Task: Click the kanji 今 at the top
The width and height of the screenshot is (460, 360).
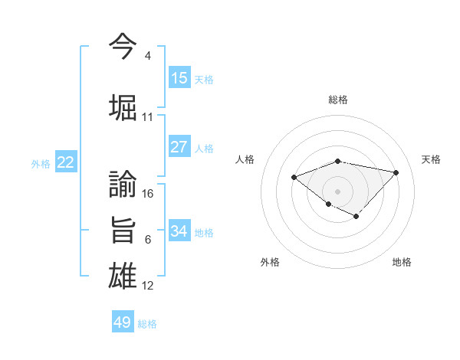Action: point(123,45)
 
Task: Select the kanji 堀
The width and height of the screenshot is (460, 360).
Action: point(123,106)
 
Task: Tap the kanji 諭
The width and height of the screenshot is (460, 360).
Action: point(123,184)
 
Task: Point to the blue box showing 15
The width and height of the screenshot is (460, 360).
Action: point(179,78)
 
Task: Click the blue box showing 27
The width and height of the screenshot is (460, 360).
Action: point(179,147)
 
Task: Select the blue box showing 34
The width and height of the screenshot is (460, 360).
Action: point(179,231)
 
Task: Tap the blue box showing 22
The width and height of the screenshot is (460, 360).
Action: point(66,162)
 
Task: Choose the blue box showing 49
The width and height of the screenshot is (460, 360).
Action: point(123,322)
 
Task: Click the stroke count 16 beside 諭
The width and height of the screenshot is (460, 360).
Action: point(148,194)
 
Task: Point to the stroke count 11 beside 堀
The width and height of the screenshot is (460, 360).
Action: point(148,117)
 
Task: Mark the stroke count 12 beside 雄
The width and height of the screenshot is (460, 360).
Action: point(148,286)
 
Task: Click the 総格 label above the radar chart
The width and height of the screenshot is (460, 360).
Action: point(338,100)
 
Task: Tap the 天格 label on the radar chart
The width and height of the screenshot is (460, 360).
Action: point(431,159)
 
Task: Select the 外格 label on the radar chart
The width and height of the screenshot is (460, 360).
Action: point(270,262)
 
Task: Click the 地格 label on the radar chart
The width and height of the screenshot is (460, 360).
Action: point(402,262)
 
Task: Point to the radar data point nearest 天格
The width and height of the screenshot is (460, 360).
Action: point(396,172)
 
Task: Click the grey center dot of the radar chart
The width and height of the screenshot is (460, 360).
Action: point(337,191)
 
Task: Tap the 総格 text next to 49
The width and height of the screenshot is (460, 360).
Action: point(147,324)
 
